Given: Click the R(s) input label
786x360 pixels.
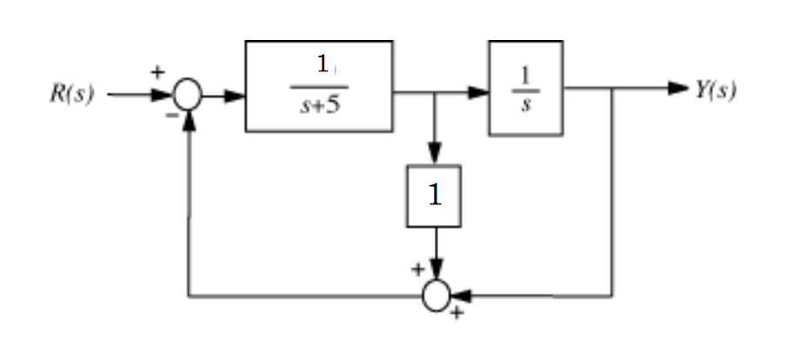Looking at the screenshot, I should pyautogui.click(x=71, y=92).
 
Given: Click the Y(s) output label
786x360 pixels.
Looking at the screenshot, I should pyautogui.click(x=715, y=90).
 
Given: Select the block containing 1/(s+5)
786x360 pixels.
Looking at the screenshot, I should pyautogui.click(x=318, y=86).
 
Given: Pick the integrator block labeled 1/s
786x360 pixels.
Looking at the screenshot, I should pyautogui.click(x=525, y=87).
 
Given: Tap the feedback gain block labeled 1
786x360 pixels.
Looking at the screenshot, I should pyautogui.click(x=434, y=196).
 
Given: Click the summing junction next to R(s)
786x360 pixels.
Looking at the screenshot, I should pyautogui.click(x=188, y=93).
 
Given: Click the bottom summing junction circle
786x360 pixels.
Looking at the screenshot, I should pyautogui.click(x=436, y=296).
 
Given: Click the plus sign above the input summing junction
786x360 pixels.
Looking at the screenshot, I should pyautogui.click(x=158, y=72).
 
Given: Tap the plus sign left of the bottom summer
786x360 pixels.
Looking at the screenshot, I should pyautogui.click(x=417, y=270).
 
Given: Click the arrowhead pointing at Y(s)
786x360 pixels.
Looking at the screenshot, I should pyautogui.click(x=679, y=89).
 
